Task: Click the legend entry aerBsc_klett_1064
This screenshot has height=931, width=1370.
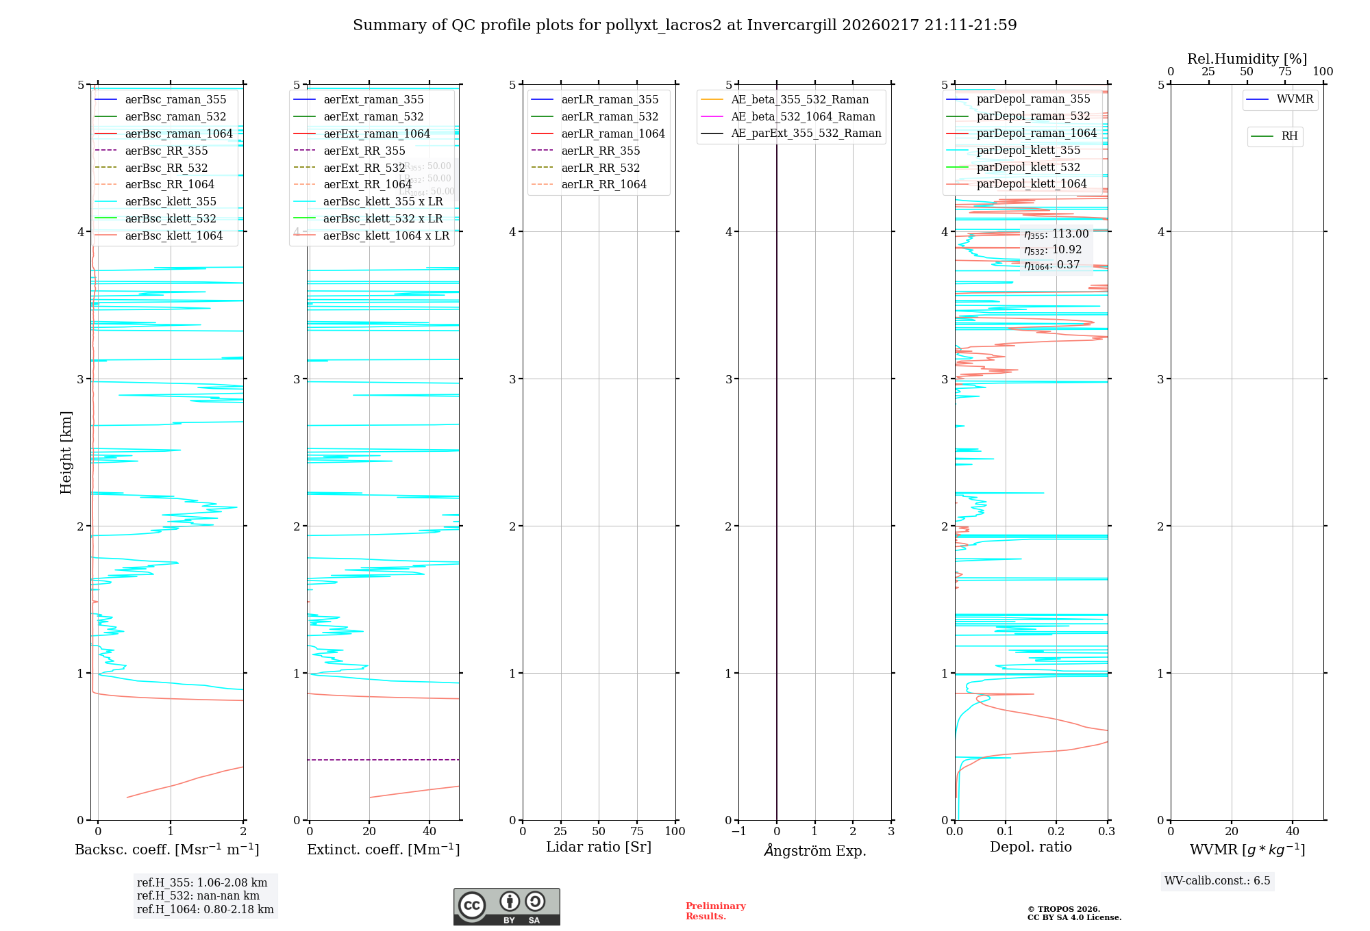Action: pyautogui.click(x=173, y=235)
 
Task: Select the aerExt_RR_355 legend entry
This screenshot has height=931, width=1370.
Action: pyautogui.click(x=364, y=151)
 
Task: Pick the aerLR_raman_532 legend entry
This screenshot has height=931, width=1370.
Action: pyautogui.click(x=609, y=116)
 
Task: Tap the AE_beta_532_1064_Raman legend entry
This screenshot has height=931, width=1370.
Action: pyautogui.click(x=803, y=116)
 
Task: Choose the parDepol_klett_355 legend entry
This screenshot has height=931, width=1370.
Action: pyautogui.click(x=1027, y=150)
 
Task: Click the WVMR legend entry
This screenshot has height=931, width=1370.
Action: pyautogui.click(x=1295, y=99)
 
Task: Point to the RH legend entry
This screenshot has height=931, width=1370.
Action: pyautogui.click(x=1289, y=136)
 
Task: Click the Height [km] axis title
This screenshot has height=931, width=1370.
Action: pyautogui.click(x=66, y=452)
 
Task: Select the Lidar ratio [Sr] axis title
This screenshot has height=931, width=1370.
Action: pyautogui.click(x=598, y=847)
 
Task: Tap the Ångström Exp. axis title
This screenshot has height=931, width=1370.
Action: pyautogui.click(x=814, y=850)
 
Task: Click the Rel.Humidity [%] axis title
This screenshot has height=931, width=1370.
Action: pyautogui.click(x=1247, y=59)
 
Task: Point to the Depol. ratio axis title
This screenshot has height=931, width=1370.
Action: pyautogui.click(x=1030, y=847)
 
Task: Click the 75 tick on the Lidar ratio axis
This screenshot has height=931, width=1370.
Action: pyautogui.click(x=637, y=831)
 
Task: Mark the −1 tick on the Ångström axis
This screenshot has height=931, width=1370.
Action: pyautogui.click(x=738, y=831)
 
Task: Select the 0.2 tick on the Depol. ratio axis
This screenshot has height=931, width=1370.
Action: pyautogui.click(x=1056, y=831)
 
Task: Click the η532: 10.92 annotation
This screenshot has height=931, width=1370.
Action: pyautogui.click(x=1053, y=250)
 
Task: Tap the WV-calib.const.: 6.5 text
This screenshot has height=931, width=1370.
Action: pyautogui.click(x=1217, y=880)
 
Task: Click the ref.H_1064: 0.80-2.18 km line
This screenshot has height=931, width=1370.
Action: pyautogui.click(x=205, y=909)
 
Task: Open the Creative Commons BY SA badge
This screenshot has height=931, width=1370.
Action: pyautogui.click(x=506, y=906)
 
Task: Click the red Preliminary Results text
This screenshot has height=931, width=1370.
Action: pyautogui.click(x=715, y=910)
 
